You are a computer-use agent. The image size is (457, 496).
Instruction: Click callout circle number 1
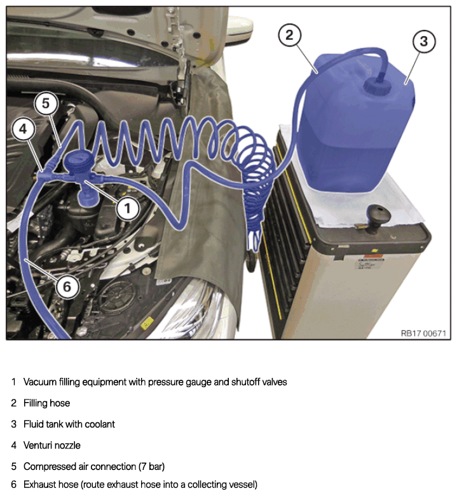pyautogui.click(x=127, y=208)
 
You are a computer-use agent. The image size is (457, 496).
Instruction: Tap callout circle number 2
pyautogui.click(x=290, y=35)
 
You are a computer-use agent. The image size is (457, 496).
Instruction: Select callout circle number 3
pyautogui.click(x=424, y=41)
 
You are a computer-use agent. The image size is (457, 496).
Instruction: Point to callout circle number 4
pyautogui.click(x=23, y=129)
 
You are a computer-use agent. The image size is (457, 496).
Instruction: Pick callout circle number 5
pyautogui.click(x=46, y=104)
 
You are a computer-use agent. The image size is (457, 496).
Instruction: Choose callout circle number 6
pyautogui.click(x=67, y=286)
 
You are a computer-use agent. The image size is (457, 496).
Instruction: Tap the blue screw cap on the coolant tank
pyautogui.click(x=378, y=86)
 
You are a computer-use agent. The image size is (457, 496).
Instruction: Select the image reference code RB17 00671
pyautogui.click(x=423, y=333)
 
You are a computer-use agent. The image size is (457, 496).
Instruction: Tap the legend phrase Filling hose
pyautogui.click(x=46, y=403)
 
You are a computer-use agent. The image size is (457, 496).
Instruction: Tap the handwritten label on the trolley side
pyautogui.click(x=369, y=264)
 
